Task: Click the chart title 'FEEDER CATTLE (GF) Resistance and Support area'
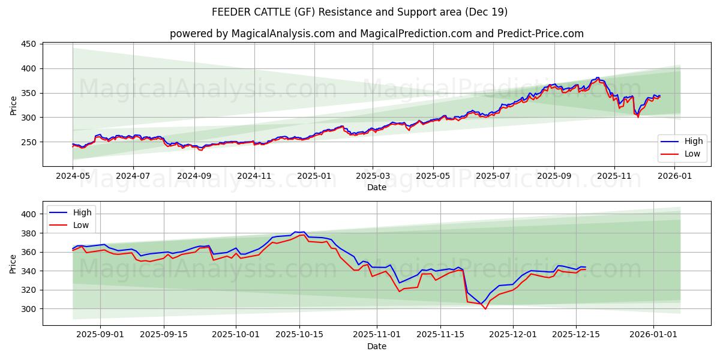coord(359,12)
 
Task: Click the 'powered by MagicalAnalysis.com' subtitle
coord(376,34)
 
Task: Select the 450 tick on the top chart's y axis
coord(29,44)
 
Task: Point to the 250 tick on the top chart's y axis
coord(29,142)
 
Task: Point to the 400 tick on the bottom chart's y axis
coord(29,214)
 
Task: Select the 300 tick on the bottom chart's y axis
coord(29,309)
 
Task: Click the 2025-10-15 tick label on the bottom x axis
coord(299,334)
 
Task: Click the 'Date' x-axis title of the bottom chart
coord(376,346)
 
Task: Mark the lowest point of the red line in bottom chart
coord(485,308)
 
